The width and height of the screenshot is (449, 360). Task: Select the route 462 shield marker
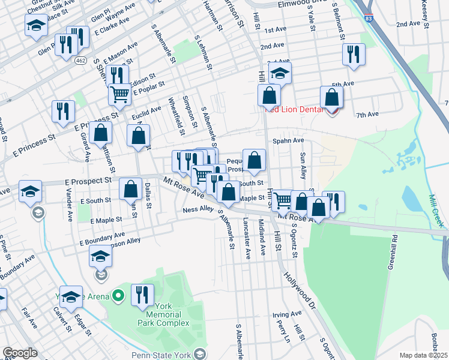point(80,61)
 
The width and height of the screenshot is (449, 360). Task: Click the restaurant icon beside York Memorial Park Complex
point(143,295)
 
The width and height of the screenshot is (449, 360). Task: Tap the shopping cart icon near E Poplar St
point(119,94)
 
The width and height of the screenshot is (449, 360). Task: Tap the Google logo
point(20,353)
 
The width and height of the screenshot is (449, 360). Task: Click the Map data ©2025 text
point(423,355)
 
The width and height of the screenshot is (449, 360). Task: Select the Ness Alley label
point(198,209)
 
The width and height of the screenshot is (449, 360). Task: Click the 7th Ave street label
point(367,114)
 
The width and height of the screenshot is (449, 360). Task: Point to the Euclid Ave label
point(147,110)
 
